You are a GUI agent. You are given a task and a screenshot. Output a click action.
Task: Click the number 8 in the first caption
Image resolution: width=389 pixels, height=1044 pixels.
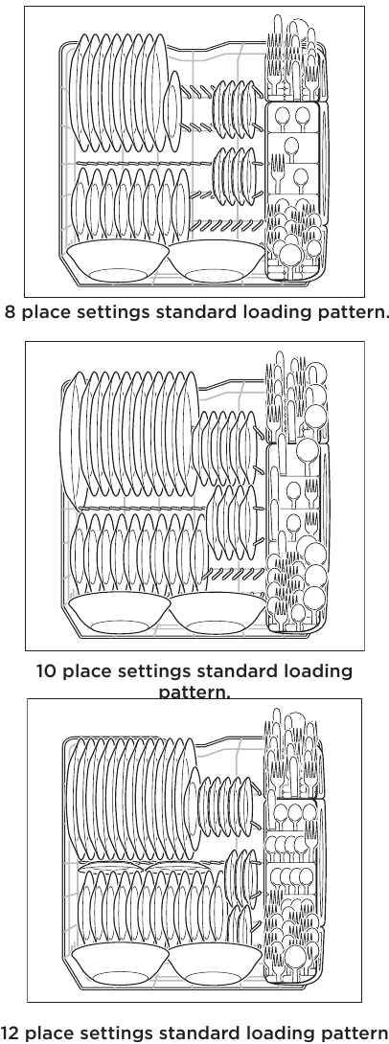click(x=11, y=313)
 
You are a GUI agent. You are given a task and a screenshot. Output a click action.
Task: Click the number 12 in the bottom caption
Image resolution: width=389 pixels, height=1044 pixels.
click(x=12, y=1033)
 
